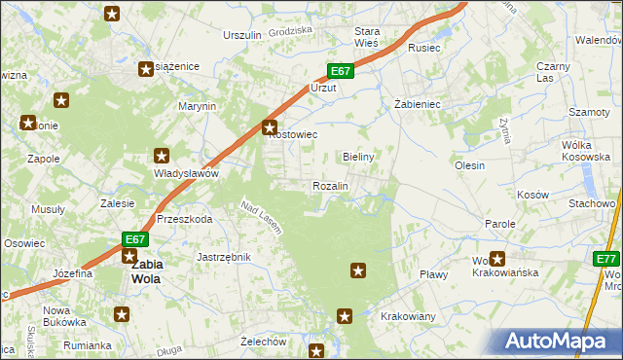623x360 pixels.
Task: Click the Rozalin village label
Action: click(x=330, y=185)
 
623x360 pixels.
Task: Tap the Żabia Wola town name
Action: click(x=147, y=270)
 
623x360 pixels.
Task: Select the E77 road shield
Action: click(x=607, y=258)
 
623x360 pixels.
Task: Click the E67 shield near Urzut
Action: click(x=339, y=71)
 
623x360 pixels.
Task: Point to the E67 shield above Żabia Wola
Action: click(x=135, y=239)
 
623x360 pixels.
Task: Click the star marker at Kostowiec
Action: click(x=271, y=126)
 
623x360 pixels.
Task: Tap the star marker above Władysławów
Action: click(x=162, y=156)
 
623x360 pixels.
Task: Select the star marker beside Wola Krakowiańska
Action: click(x=497, y=259)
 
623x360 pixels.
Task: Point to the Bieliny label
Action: click(x=359, y=156)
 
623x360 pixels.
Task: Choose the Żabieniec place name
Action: click(x=418, y=103)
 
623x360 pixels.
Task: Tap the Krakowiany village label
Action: click(x=408, y=317)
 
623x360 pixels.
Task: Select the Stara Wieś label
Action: click(x=366, y=37)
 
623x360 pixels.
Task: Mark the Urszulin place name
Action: click(x=242, y=35)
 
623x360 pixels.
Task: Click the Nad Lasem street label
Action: click(x=261, y=217)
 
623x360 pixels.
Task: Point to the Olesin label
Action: click(x=469, y=165)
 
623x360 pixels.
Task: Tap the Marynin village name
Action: click(x=196, y=106)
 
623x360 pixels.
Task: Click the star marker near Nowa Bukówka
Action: click(x=122, y=314)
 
